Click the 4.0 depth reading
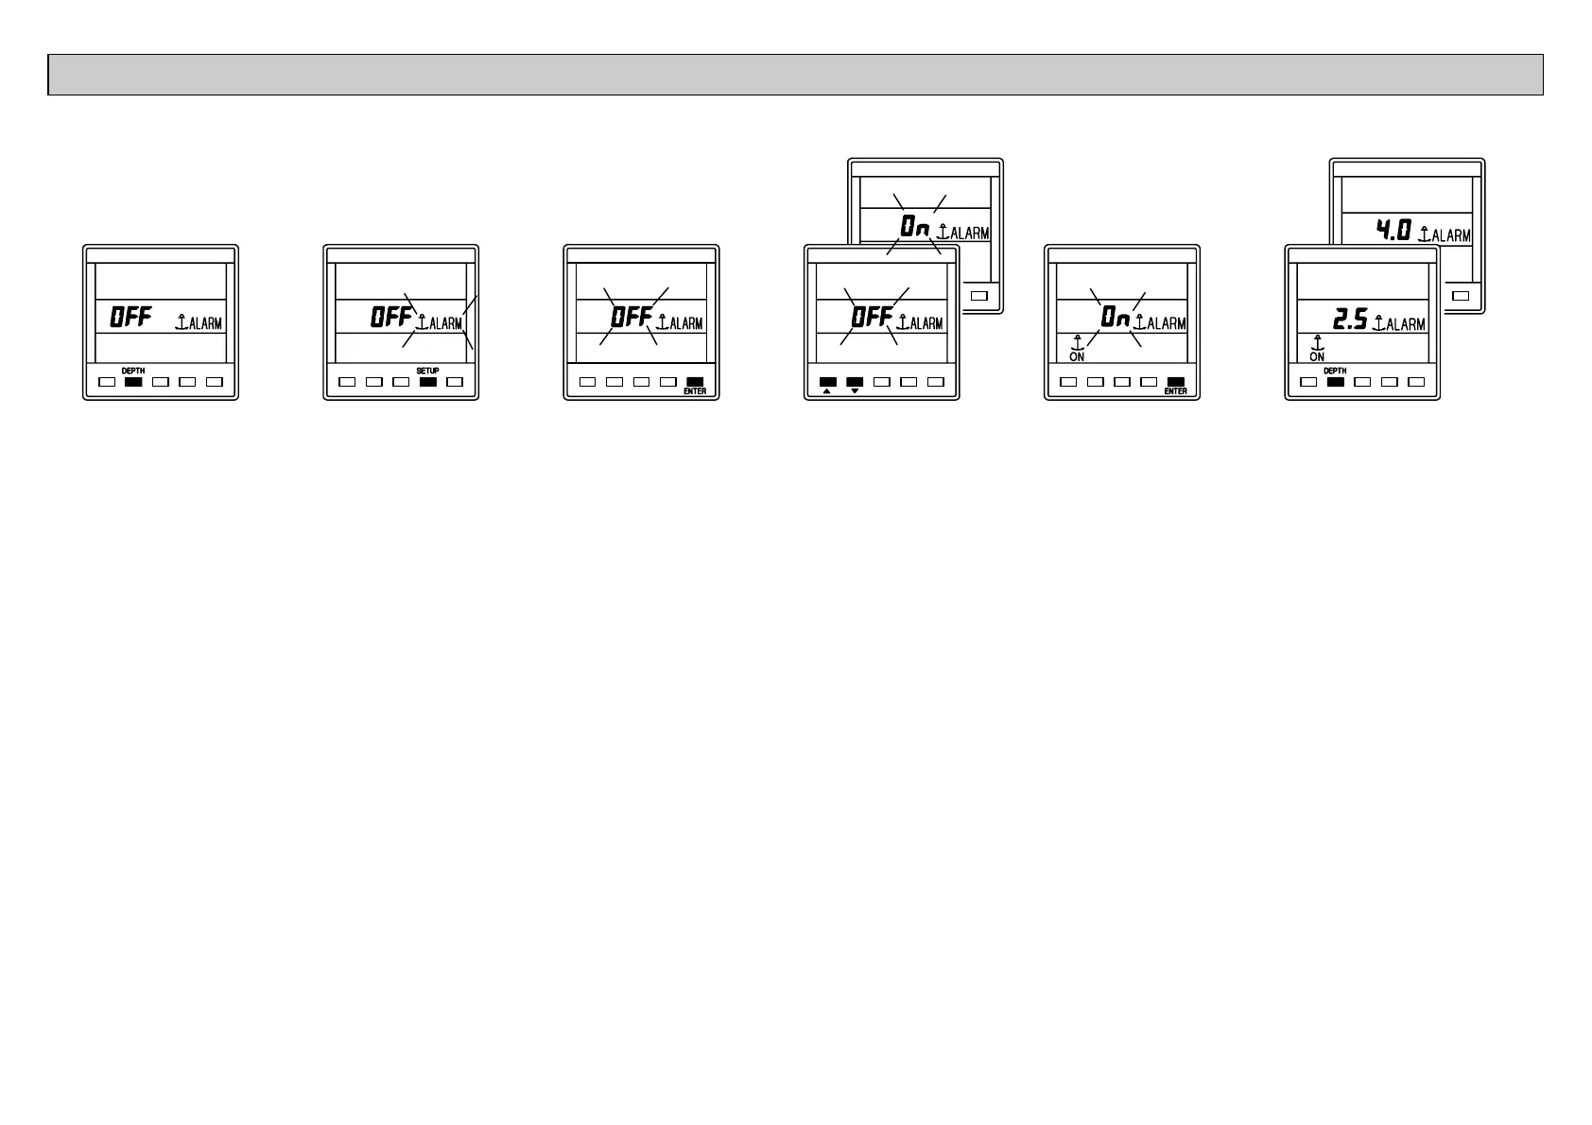coord(1393,229)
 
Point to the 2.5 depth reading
coord(1350,320)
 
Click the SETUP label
coord(427,371)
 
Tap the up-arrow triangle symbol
coord(826,391)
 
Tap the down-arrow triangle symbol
coord(855,391)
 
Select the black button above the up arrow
coord(827,382)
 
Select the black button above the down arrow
coord(855,382)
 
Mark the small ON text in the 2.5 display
coord(1317,357)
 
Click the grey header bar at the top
coord(795,75)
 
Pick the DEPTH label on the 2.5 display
coord(1335,371)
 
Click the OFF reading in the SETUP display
coord(390,317)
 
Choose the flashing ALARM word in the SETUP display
coord(446,324)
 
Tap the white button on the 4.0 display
coord(1461,295)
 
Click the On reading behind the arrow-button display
coord(914,227)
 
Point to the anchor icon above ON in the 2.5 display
coord(1317,343)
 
